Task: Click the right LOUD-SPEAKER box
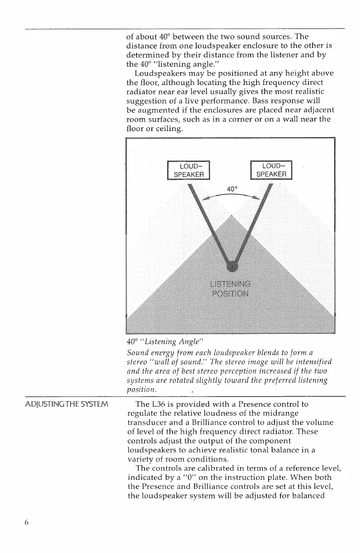click(x=271, y=170)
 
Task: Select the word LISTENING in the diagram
click(x=231, y=284)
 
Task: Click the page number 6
click(x=27, y=522)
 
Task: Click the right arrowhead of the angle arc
click(x=256, y=197)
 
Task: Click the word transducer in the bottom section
click(x=147, y=422)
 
